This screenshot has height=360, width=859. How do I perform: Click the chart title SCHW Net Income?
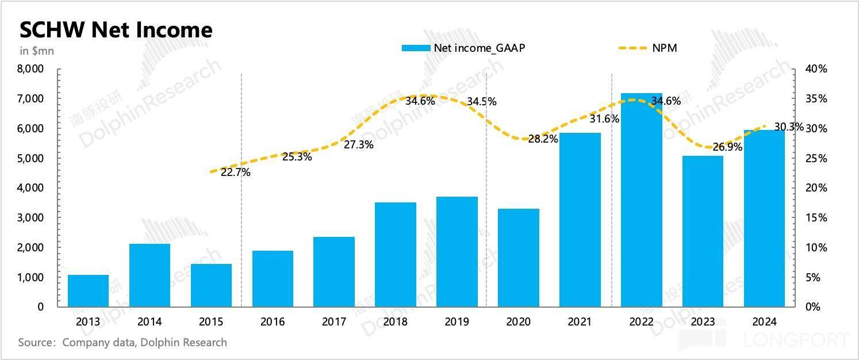coord(116,30)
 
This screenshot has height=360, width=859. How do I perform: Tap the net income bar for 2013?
coord(88,291)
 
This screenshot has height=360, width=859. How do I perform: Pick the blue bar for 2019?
coord(457,252)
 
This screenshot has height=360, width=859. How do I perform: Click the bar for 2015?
coord(211,285)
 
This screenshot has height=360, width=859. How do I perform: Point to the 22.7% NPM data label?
coord(236,172)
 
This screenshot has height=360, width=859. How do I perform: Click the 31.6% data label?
coord(604,120)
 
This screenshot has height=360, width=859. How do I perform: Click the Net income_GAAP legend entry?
coord(463,48)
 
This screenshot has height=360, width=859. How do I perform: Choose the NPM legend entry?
coord(647,48)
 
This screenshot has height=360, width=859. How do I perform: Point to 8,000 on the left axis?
coord(31,69)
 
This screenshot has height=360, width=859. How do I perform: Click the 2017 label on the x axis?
coord(334,322)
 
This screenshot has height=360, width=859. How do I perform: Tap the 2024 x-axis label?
coord(764,322)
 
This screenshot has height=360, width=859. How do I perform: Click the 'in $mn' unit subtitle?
coord(37,51)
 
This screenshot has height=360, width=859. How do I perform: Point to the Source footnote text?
coord(122,343)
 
